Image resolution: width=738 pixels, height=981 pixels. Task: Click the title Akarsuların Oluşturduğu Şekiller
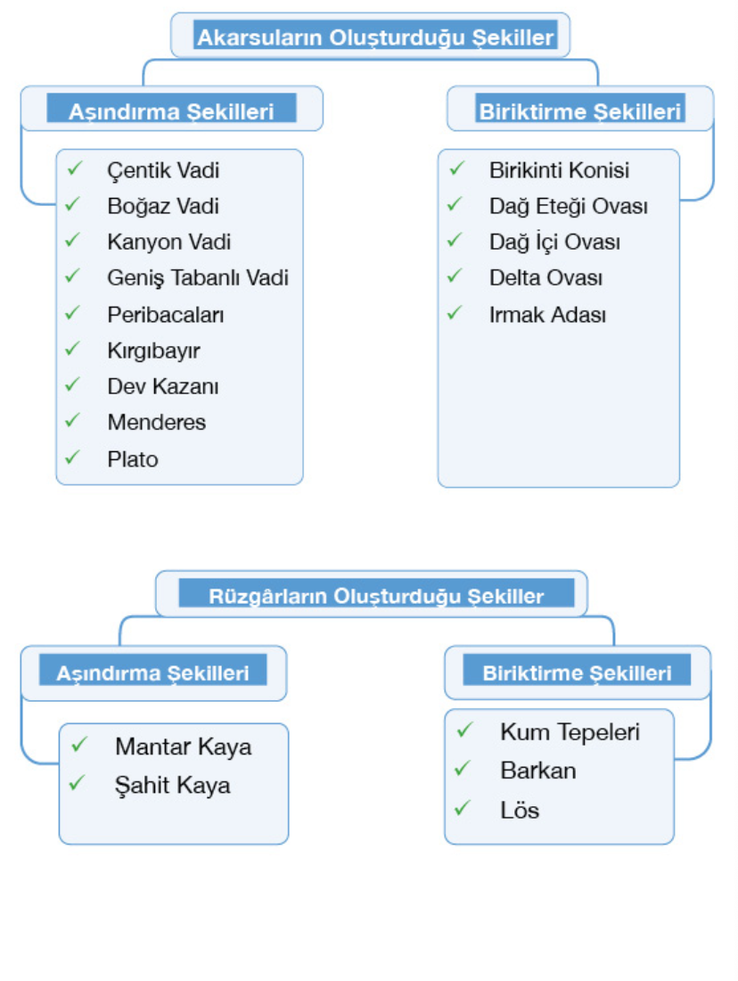tap(375, 37)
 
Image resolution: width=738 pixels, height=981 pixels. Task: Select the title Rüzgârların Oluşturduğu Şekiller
tap(375, 596)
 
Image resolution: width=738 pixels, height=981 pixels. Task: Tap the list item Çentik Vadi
tap(163, 169)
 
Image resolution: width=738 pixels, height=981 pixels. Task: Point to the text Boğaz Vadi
tap(163, 206)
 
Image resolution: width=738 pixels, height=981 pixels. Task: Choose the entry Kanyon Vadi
tap(169, 242)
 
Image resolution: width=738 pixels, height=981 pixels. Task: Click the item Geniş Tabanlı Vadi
tap(198, 278)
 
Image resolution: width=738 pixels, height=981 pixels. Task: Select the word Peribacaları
tap(166, 315)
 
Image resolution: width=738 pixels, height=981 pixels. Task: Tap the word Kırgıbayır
tap(153, 350)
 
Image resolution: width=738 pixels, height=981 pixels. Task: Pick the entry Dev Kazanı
tap(163, 387)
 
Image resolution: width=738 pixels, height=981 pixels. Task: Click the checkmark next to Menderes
tap(73, 420)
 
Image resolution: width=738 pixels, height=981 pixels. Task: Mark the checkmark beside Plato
tap(73, 457)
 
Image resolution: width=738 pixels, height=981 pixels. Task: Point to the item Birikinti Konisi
tap(559, 169)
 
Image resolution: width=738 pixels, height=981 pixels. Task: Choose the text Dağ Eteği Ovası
tap(568, 206)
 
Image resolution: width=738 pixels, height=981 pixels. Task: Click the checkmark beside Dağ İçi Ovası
tap(455, 240)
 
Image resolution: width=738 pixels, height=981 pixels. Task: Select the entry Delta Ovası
tap(545, 278)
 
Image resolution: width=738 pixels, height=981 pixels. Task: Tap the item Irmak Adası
tap(547, 315)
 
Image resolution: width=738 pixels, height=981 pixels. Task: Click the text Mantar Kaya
tap(184, 746)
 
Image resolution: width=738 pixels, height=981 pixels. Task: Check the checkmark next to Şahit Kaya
tap(78, 783)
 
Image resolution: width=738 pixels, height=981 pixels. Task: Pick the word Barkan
tap(538, 771)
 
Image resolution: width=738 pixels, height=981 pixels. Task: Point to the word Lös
tap(520, 811)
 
